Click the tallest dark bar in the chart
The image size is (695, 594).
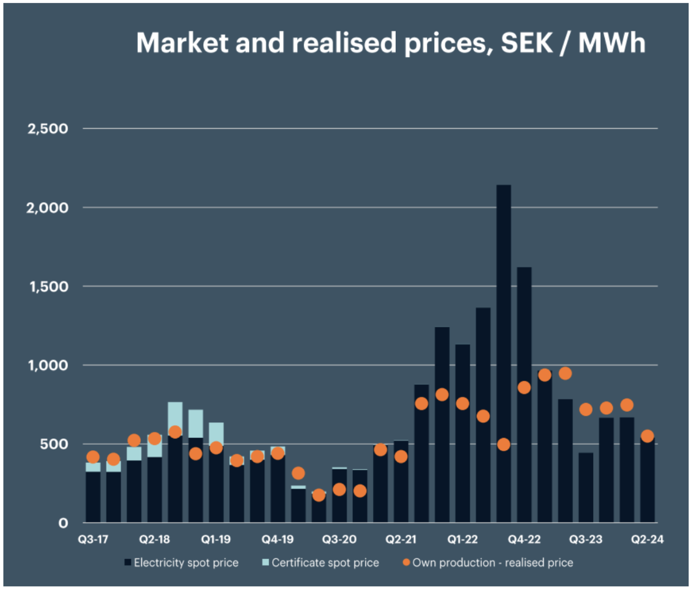[503, 353]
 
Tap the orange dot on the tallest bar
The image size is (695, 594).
[503, 444]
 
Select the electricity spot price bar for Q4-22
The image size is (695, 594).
[524, 394]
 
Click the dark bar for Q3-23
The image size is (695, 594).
[586, 487]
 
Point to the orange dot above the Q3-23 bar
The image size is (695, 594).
[586, 409]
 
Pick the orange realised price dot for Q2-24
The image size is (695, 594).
[647, 436]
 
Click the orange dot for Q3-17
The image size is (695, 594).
[93, 457]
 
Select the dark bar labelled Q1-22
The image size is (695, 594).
[462, 433]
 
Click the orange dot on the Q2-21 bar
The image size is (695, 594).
[400, 456]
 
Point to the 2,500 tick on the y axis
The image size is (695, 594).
[48, 129]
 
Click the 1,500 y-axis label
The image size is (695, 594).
[49, 287]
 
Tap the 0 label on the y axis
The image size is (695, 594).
[63, 523]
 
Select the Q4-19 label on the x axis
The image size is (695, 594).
[278, 539]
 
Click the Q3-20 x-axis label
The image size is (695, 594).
[339, 539]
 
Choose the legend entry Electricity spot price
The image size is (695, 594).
[182, 563]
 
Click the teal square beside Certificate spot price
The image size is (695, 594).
[266, 563]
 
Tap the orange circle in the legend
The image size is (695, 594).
[406, 563]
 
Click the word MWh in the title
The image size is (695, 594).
[612, 43]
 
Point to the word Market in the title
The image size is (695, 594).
[183, 43]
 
